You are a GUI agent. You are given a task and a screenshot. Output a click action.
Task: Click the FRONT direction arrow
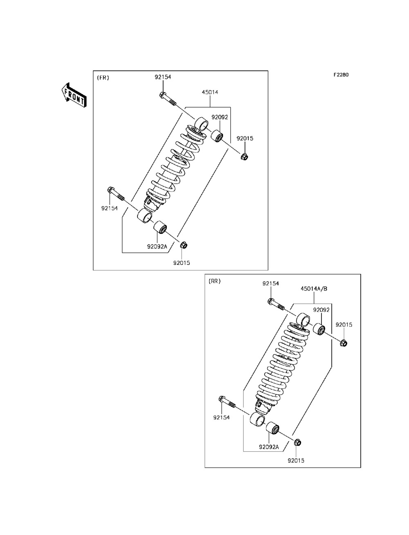pyautogui.click(x=74, y=95)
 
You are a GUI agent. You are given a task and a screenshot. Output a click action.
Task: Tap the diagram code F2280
pyautogui.click(x=341, y=75)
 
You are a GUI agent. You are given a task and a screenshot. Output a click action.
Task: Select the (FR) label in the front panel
pyautogui.click(x=103, y=78)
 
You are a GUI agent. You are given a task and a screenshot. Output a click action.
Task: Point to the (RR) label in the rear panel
pyautogui.click(x=214, y=281)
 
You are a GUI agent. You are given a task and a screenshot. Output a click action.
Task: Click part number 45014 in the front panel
pyautogui.click(x=210, y=92)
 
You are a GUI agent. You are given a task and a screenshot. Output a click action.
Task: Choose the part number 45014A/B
pyautogui.click(x=314, y=289)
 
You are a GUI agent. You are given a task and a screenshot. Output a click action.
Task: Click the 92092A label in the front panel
pyautogui.click(x=157, y=246)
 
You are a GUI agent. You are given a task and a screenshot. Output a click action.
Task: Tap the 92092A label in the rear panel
pyautogui.click(x=269, y=447)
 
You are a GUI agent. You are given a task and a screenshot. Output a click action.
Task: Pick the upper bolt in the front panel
pyautogui.click(x=167, y=99)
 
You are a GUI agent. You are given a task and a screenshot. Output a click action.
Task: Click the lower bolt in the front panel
pyautogui.click(x=116, y=194)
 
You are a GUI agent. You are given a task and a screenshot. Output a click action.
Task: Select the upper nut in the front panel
pyautogui.click(x=244, y=157)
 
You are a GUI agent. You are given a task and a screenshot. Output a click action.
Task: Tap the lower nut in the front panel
pyautogui.click(x=184, y=245)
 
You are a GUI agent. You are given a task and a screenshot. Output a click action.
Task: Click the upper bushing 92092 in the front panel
pyautogui.click(x=217, y=137)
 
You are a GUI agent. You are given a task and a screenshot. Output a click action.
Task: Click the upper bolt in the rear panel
pyautogui.click(x=276, y=304)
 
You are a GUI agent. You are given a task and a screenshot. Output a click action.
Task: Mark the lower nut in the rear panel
pyautogui.click(x=298, y=442)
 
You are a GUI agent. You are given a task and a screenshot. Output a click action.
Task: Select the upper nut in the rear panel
pyautogui.click(x=344, y=343)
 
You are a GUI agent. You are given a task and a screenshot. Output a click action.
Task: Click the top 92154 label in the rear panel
pyautogui.click(x=270, y=284)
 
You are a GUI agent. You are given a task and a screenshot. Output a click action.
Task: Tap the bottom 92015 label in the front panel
pyautogui.click(x=182, y=263)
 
